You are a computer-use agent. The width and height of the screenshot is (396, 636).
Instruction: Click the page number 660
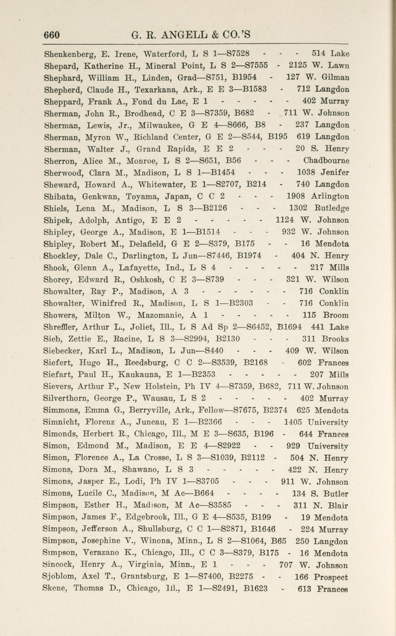[52, 35]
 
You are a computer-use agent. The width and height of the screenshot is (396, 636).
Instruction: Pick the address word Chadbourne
[326, 160]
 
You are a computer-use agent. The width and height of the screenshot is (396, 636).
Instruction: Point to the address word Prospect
[331, 577]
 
